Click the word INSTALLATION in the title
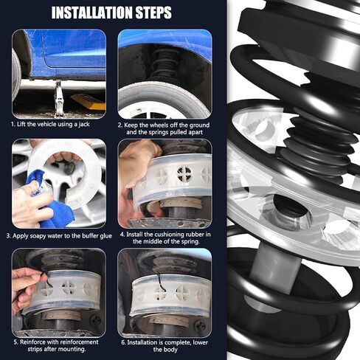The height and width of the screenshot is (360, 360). tap(92, 13)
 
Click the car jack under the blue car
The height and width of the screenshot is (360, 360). tap(59, 98)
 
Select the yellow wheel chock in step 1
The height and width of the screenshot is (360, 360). tap(89, 102)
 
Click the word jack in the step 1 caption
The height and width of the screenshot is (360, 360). tap(84, 125)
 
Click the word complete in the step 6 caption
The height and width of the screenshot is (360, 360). tap(178, 342)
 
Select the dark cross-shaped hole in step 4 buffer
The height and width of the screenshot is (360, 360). tap(184, 173)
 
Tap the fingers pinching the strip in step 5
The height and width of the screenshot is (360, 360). tap(27, 283)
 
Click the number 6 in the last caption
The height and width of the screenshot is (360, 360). tap(123, 343)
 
